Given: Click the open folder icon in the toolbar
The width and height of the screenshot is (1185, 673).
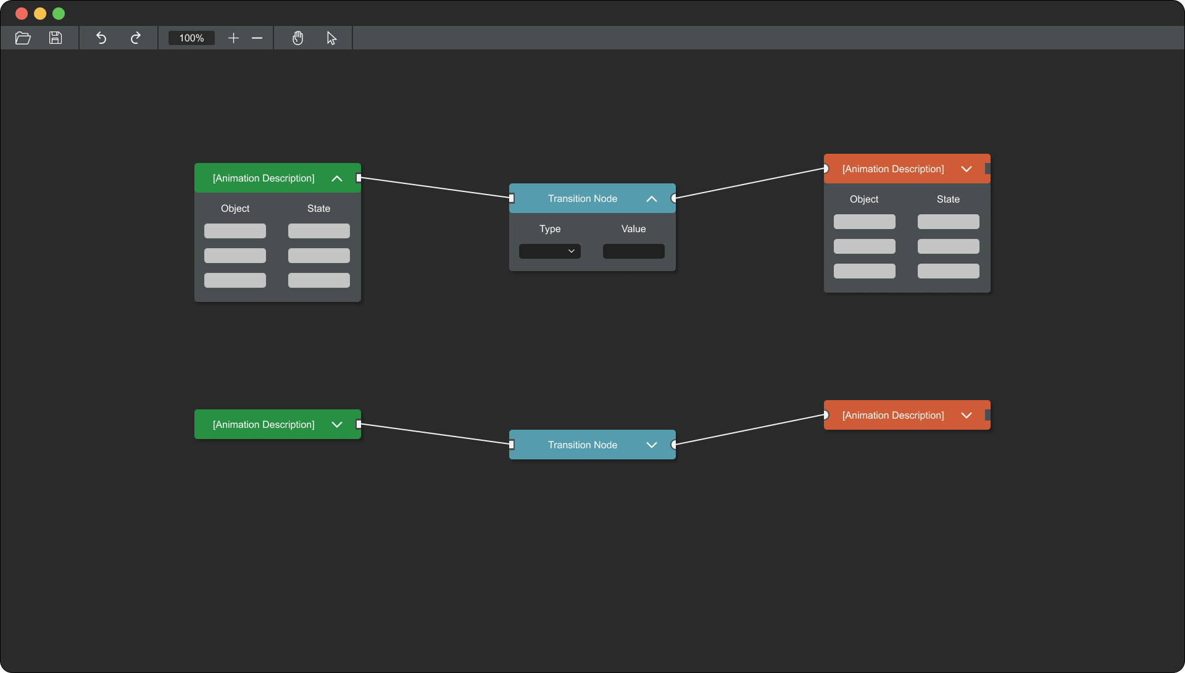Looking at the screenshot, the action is tap(23, 38).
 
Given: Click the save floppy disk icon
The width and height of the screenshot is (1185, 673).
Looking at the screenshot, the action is tap(56, 38).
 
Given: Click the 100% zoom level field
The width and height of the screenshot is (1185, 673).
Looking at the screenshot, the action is tap(191, 38).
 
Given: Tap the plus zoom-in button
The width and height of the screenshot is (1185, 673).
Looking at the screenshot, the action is tap(233, 38).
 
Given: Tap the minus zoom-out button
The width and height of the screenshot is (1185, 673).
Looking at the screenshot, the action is tap(257, 38).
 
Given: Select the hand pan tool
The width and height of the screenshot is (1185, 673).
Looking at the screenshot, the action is tap(298, 38).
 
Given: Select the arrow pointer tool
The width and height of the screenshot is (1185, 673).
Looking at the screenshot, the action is tap(331, 38).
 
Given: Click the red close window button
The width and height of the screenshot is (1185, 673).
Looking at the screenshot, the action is tap(22, 14).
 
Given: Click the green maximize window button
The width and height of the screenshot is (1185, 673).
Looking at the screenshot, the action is tap(59, 14).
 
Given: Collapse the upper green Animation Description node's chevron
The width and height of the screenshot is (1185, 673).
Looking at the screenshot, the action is tap(337, 178).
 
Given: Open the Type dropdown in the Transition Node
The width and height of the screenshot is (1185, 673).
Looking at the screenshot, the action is tap(550, 251).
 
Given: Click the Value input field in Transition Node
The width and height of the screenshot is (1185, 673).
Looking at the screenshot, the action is tap(634, 251).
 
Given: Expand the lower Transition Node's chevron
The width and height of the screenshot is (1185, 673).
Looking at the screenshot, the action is tap(652, 445).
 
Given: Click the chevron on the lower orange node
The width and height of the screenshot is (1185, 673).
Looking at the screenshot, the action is tap(967, 416).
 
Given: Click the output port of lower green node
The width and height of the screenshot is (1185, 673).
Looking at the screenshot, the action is tap(359, 424).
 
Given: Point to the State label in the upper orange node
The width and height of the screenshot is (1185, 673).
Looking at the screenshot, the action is tap(948, 199).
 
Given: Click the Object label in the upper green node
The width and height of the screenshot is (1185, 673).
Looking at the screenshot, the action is tap(235, 209).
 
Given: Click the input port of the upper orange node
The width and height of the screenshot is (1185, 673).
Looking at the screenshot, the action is tap(825, 169).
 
